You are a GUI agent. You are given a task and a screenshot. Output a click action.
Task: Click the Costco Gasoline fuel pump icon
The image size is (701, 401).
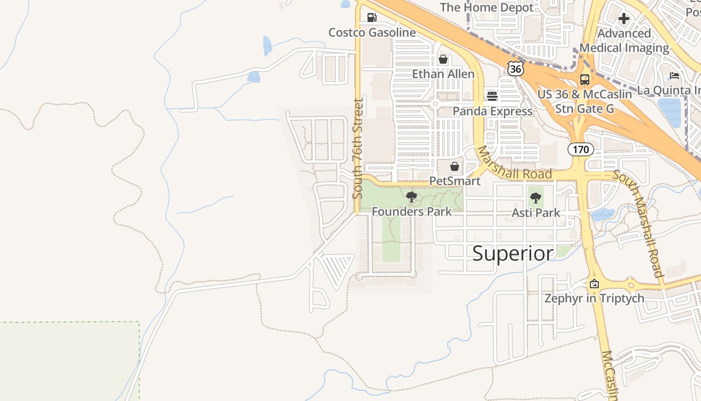pyautogui.click(x=372, y=18)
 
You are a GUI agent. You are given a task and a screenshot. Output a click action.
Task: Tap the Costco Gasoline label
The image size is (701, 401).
pyautogui.click(x=372, y=33)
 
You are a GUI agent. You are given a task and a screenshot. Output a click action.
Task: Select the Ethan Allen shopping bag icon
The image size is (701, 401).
pyautogui.click(x=443, y=59)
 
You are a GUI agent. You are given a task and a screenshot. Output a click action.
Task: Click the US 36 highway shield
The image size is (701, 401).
pyautogui.click(x=515, y=68)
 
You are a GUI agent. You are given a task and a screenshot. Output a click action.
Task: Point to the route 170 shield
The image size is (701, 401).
pyautogui.click(x=580, y=149)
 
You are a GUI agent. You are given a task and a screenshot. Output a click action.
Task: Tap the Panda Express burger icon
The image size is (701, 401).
pyautogui.click(x=492, y=96)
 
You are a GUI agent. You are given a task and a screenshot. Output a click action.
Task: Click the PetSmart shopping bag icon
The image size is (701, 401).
pyautogui.click(x=454, y=166)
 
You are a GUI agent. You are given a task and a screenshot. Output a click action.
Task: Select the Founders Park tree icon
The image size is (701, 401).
pyautogui.click(x=411, y=197)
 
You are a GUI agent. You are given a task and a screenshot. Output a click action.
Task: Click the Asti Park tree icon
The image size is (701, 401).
pyautogui.click(x=535, y=197)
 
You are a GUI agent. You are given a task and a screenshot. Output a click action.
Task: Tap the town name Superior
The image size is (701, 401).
pyautogui.click(x=513, y=253)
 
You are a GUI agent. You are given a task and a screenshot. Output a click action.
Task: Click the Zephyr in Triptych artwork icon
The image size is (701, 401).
pyautogui.click(x=594, y=284)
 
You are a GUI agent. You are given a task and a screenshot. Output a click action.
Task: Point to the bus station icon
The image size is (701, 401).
pyautogui.click(x=584, y=79)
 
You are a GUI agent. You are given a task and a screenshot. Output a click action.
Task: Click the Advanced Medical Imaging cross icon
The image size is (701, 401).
pyautogui.click(x=623, y=19)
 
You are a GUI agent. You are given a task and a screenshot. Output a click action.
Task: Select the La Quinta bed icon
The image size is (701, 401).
pyautogui.click(x=674, y=76)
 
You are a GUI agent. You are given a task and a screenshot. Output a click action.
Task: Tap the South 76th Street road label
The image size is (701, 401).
pyautogui.click(x=358, y=149)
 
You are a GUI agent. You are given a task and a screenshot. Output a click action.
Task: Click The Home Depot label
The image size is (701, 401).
pyautogui.click(x=487, y=8)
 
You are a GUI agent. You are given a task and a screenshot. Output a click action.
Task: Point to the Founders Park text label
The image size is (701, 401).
pyautogui.click(x=412, y=212)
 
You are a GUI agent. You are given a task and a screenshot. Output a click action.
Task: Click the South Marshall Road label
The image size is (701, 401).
pyautogui.click(x=638, y=224)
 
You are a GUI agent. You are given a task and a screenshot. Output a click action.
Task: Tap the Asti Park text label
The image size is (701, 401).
pyautogui.click(x=536, y=213)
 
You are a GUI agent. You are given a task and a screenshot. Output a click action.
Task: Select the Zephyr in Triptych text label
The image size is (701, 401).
pyautogui.click(x=594, y=298)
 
